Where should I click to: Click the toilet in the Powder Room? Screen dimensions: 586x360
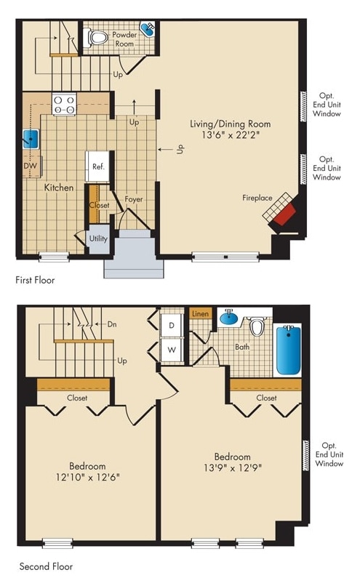98,36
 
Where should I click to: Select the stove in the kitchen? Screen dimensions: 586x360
64,104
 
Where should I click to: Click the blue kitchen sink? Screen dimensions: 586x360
31,138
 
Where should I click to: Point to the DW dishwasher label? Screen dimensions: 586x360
29,166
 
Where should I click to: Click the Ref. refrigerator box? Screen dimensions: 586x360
97,166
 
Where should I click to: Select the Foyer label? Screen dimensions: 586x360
133,199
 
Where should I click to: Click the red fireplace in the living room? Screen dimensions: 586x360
285,214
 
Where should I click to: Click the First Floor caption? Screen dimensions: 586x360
35,279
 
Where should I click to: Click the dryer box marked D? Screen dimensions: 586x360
172,324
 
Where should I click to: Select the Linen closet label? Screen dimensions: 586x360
200,313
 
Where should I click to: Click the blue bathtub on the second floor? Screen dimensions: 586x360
288,350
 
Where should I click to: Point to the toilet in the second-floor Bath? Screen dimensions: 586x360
256,327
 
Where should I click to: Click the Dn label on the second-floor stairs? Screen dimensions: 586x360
112,324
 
